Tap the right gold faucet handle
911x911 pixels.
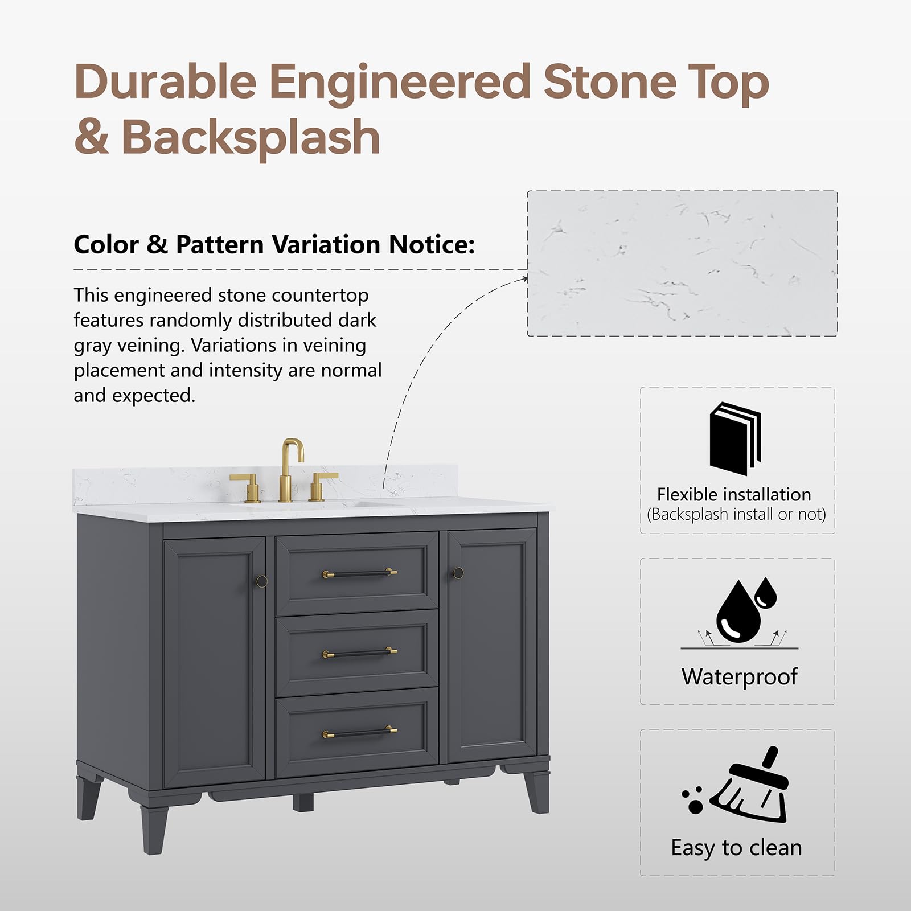coord(321,486)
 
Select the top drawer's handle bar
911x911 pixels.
coord(360,573)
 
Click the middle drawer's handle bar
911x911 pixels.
coord(360,653)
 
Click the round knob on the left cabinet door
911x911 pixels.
coord(261,581)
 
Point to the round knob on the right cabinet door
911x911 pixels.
coord(458,573)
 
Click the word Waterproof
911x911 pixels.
coord(739,676)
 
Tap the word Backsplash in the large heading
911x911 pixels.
coord(251,137)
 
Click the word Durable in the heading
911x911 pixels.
coord(165,82)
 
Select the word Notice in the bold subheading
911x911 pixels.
coord(431,245)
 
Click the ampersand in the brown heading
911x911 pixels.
coord(91,138)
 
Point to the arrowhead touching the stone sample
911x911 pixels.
coord(523,278)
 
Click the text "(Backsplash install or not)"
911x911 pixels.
coord(736,514)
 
